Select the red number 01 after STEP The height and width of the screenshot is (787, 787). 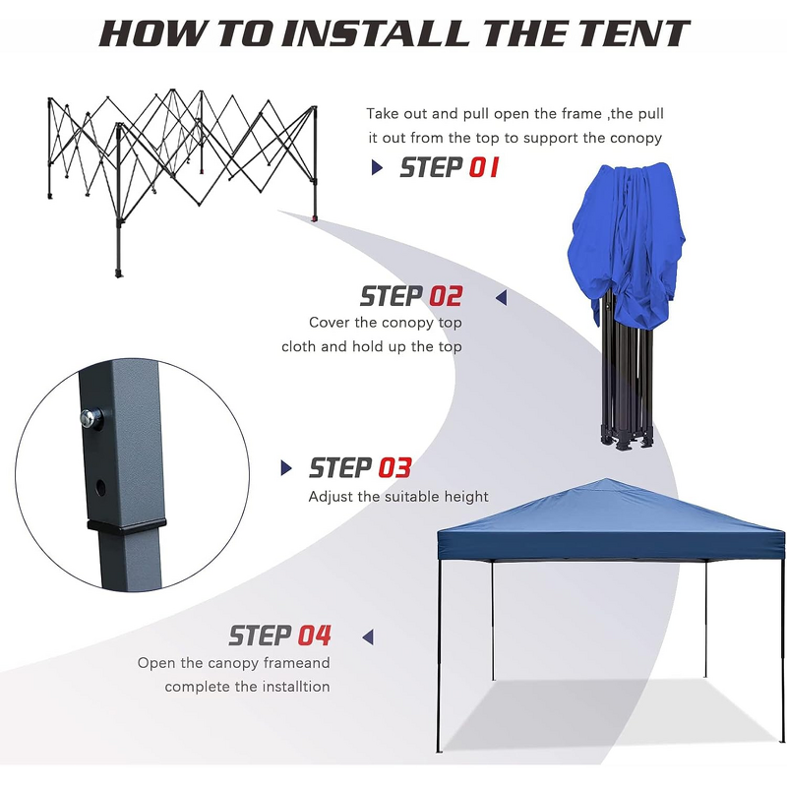pos(483,167)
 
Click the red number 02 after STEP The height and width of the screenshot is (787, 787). pos(445,296)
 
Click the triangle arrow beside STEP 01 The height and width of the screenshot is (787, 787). pos(377,168)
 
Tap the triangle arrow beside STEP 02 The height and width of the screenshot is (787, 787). pos(501,296)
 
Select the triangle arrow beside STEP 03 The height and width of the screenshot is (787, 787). pos(287,467)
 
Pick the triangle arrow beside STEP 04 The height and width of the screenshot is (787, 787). pos(368,636)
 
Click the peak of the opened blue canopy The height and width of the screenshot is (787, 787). pos(608,482)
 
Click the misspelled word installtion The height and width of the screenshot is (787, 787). pos(291,687)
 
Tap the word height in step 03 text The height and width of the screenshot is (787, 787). pos(464,497)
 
